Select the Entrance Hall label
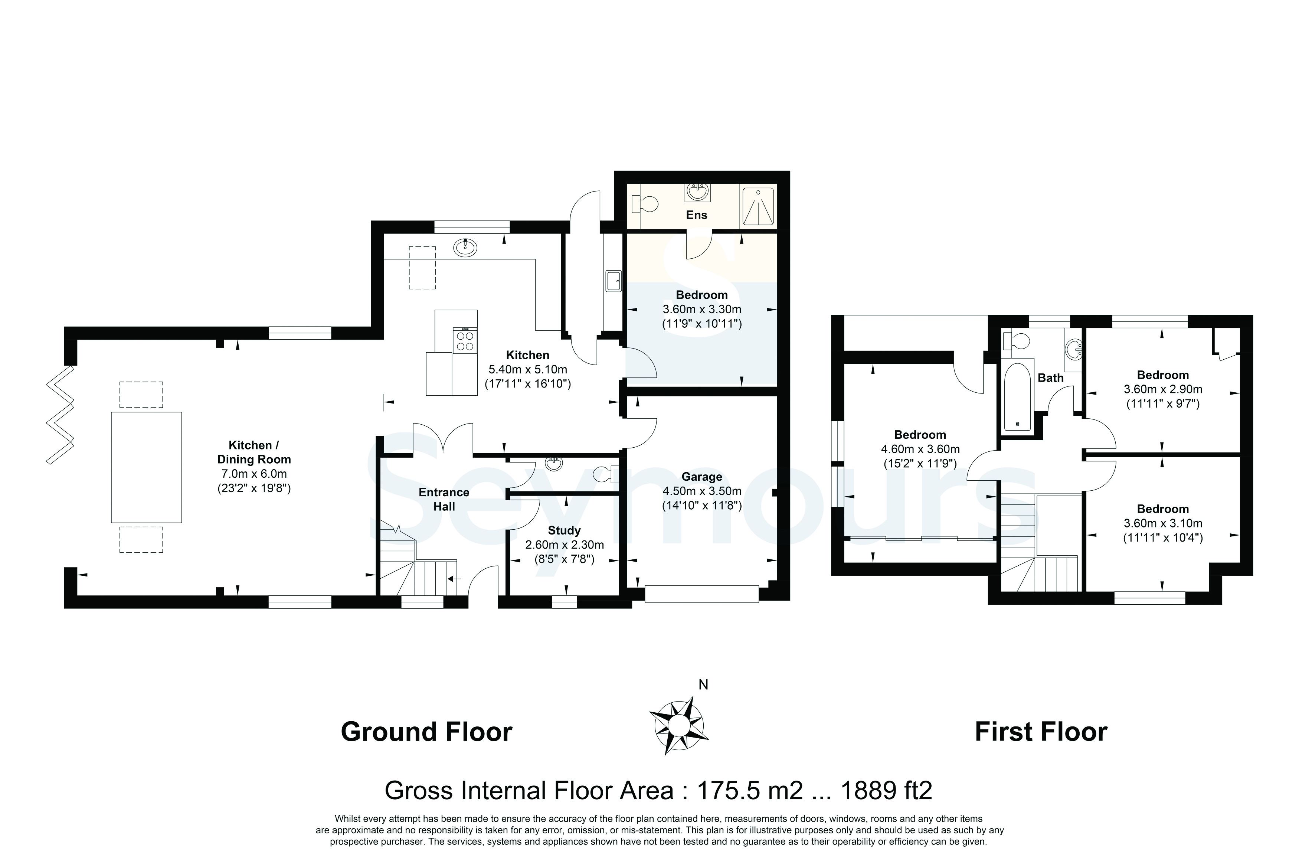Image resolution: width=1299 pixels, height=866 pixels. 444,499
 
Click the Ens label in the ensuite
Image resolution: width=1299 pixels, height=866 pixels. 696,215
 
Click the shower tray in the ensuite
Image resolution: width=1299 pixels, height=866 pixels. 758,206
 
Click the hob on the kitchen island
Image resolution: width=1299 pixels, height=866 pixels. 464,340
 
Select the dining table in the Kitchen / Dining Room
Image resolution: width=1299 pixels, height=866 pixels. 146,467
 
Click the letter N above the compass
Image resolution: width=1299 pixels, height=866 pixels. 703,685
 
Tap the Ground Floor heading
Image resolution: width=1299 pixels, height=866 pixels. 426,732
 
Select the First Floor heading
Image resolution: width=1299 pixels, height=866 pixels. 1041,732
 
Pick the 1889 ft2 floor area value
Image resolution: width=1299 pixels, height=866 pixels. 886,790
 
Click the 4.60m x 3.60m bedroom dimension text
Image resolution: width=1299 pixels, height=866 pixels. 920,449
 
